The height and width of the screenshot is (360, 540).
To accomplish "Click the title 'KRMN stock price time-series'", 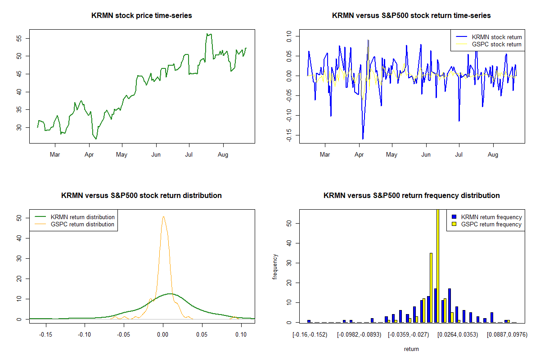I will pyautogui.click(x=142, y=16).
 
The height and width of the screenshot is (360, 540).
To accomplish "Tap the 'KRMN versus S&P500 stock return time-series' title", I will pyautogui.click(x=411, y=16).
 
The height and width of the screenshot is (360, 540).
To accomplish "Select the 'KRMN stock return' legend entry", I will pyautogui.click(x=496, y=37).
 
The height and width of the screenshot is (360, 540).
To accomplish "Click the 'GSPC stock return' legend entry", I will pyautogui.click(x=496, y=44).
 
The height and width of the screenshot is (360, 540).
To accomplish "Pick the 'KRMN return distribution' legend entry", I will pyautogui.click(x=82, y=217).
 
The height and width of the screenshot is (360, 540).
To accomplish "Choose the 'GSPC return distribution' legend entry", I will pyautogui.click(x=82, y=224).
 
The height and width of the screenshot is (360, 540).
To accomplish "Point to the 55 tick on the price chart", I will pyautogui.click(x=18, y=38).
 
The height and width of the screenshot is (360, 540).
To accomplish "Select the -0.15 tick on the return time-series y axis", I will pyautogui.click(x=288, y=135).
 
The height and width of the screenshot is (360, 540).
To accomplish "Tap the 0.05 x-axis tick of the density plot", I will pyautogui.click(x=202, y=335).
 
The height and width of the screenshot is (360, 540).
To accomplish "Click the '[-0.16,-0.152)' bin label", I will pyautogui.click(x=310, y=335).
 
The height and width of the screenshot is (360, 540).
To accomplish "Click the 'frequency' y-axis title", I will pyautogui.click(x=275, y=267).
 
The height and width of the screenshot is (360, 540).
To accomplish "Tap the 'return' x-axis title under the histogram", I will pyautogui.click(x=411, y=349).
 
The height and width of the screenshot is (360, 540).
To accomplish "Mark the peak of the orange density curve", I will pyautogui.click(x=163, y=217).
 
